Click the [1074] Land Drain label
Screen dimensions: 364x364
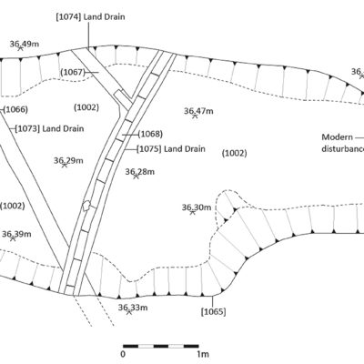pos(90,16)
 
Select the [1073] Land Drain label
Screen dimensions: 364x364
pos(49,128)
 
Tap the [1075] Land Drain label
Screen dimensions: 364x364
pos(171,149)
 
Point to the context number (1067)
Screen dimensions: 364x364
pos(73,73)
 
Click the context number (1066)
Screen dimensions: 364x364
pos(15,109)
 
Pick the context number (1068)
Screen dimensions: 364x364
pos(150,134)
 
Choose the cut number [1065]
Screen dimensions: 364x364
pos(214,311)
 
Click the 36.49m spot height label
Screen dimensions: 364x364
pos(25,44)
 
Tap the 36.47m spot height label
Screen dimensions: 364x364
pos(198,111)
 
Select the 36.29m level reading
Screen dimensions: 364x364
pos(68,160)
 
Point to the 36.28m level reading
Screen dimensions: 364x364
pos(140,172)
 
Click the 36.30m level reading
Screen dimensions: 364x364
pos(197,207)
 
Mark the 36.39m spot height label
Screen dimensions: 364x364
pos(16,234)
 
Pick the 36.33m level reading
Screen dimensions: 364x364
pos(133,308)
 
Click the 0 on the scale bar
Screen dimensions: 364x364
pos(123,354)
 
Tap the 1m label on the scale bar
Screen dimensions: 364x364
pos(203,354)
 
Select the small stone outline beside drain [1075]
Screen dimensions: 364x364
pos(86,206)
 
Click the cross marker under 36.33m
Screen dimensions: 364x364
pos(129,311)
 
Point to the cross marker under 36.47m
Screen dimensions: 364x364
pos(195,116)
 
